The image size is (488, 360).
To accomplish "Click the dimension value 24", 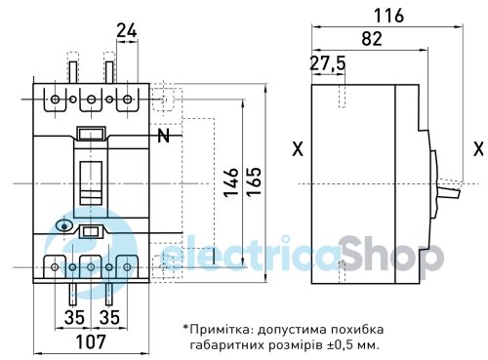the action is point(127,30).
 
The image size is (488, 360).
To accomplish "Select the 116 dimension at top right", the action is point(388,16).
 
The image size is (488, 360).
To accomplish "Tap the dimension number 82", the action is point(372,39).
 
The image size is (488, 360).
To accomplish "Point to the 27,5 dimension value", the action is point(327,63).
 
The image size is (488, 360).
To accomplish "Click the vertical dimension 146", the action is point(231,182).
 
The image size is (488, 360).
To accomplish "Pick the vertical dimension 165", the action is point(254,181).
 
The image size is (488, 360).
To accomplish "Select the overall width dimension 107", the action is point(91,341).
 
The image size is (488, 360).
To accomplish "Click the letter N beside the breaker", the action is point(164,136).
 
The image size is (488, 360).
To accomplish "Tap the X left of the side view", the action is point(298,149).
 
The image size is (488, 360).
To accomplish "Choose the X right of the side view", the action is point(478,149).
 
